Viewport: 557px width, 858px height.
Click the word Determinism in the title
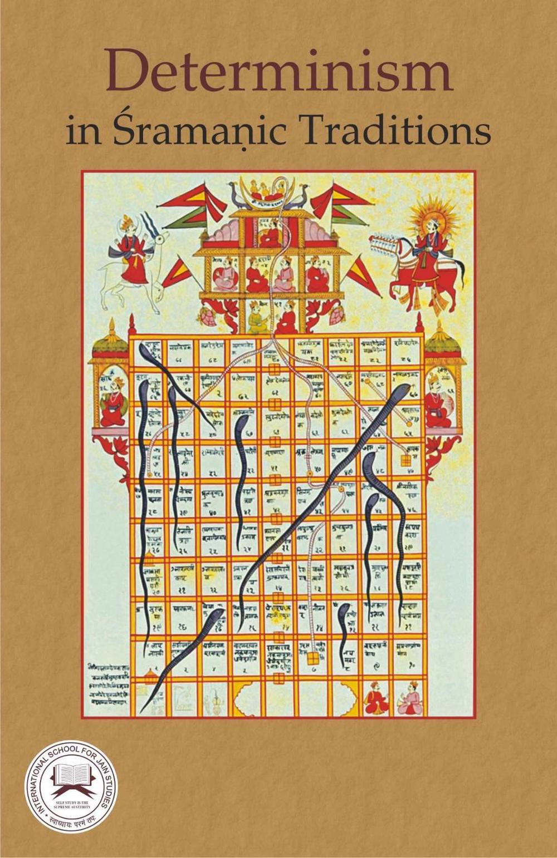pyautogui.click(x=278, y=74)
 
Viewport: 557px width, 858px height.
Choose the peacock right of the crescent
pyautogui.click(x=300, y=196)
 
